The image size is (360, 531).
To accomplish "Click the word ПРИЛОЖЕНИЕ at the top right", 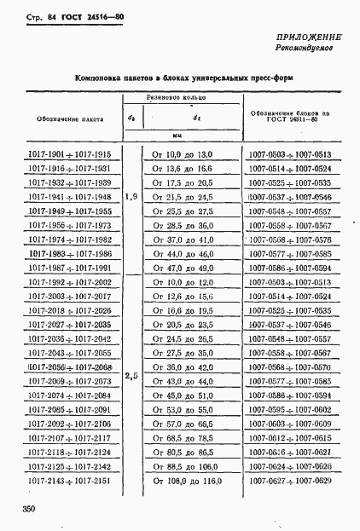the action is [x=309, y=39].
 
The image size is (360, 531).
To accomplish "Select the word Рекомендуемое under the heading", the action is [x=310, y=50].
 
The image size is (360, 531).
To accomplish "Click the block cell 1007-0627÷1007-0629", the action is [x=290, y=482].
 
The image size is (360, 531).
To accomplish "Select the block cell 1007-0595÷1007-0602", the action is [x=290, y=409].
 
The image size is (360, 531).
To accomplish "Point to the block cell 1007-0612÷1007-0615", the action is [x=290, y=438].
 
